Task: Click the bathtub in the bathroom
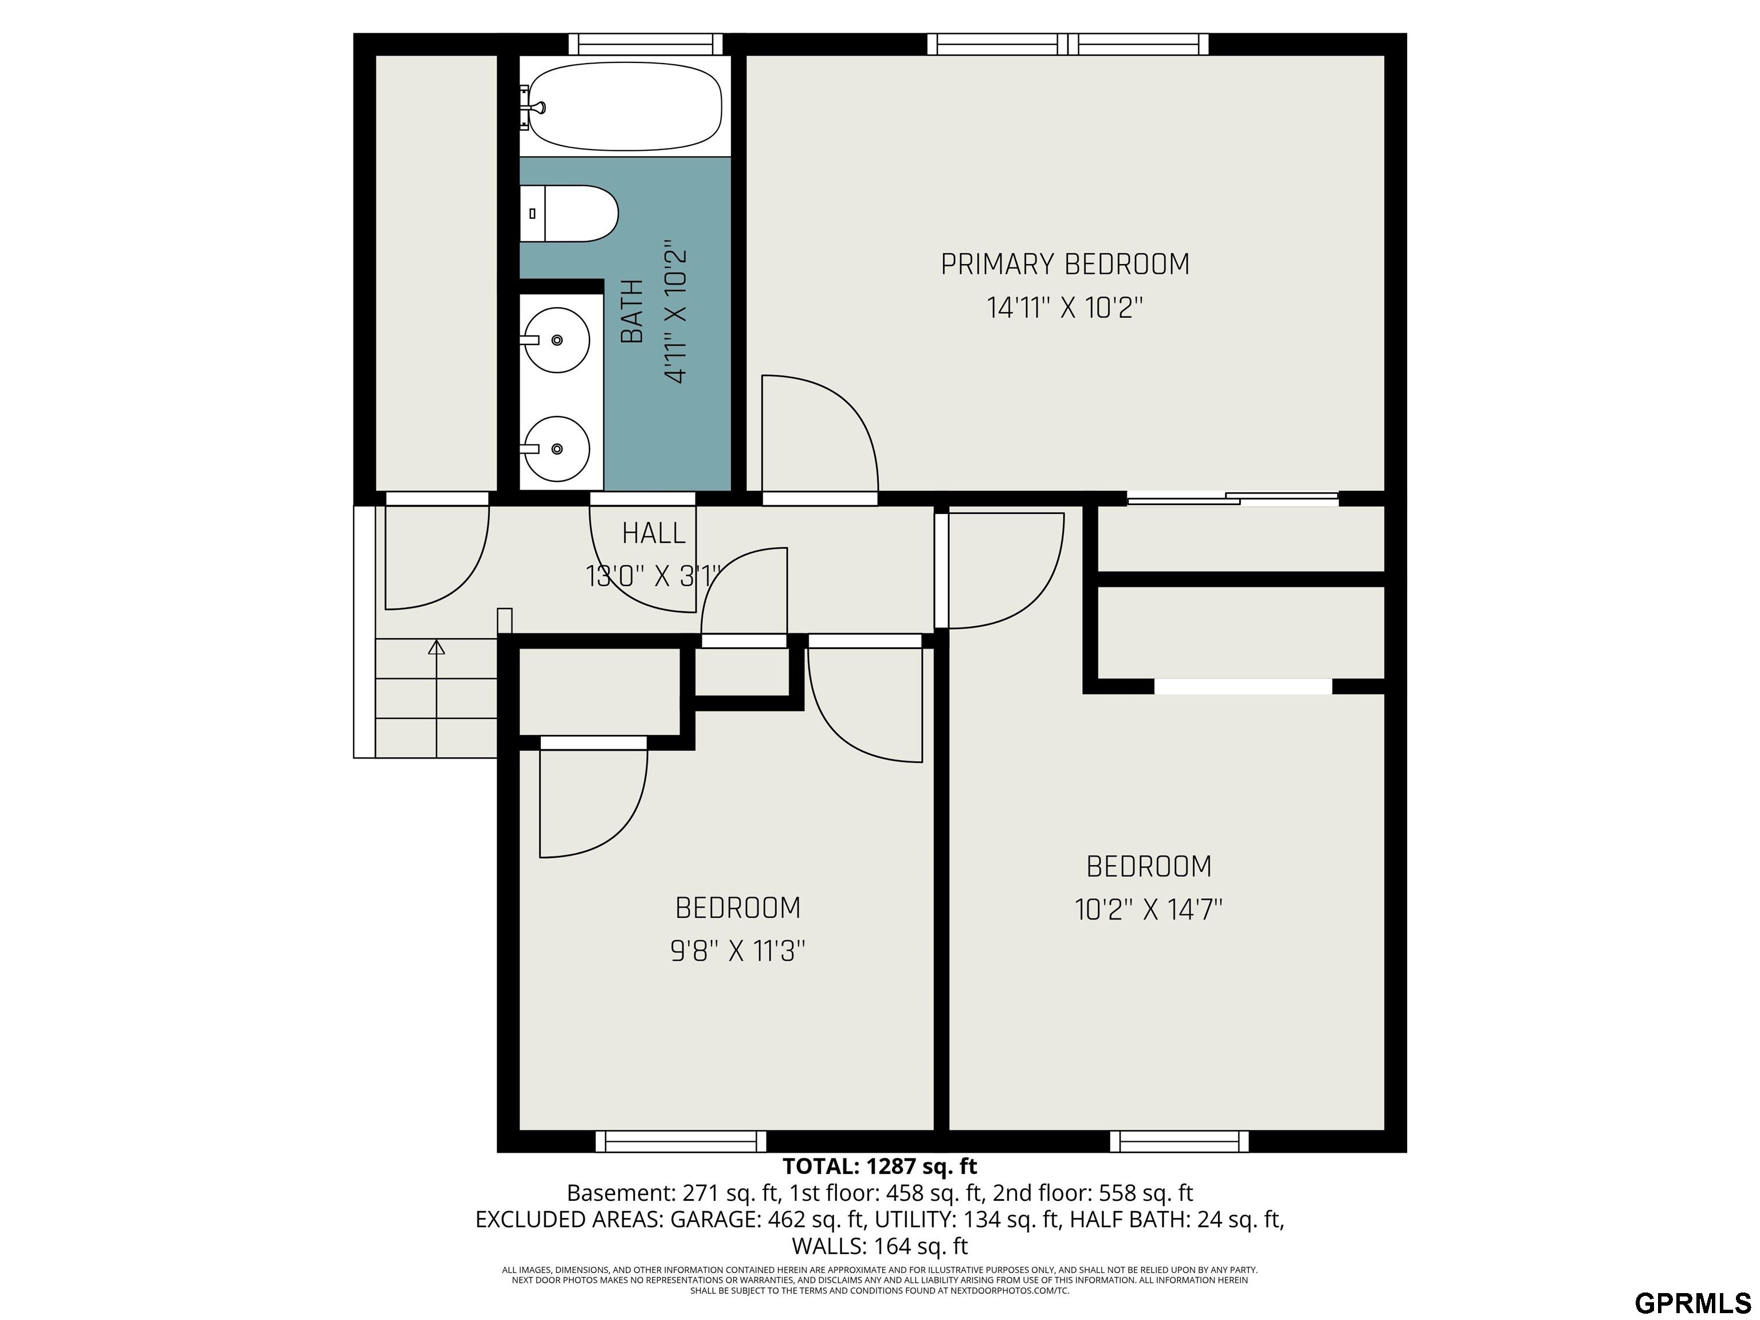tap(626, 106)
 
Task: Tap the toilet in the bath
tap(569, 213)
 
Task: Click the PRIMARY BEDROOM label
tap(1066, 264)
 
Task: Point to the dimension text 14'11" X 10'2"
tap(1066, 307)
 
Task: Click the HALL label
tap(653, 533)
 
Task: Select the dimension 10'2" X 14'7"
tap(1149, 909)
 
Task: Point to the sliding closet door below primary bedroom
tap(1232, 499)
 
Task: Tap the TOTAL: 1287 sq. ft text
tap(880, 1166)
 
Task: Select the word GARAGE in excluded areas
tap(714, 1220)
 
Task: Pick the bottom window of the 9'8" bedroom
tap(681, 1141)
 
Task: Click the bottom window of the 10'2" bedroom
tap(1179, 1141)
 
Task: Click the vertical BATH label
tap(632, 312)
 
